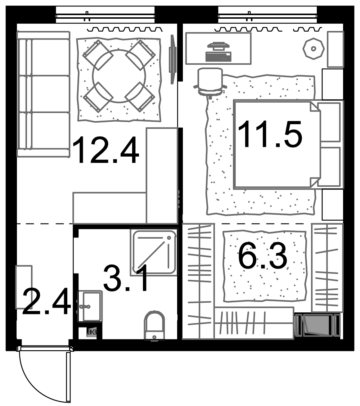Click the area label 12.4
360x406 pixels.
point(106,150)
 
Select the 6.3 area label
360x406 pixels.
point(263,256)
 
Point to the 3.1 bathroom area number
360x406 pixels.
point(126,278)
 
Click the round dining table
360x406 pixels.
point(119,76)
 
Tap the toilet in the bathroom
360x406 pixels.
point(154,326)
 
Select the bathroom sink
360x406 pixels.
point(90,306)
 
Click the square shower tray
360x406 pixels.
point(154,252)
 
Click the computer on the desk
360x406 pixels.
point(218,52)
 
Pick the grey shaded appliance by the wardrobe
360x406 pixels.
point(317,325)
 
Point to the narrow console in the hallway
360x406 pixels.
point(24,287)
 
